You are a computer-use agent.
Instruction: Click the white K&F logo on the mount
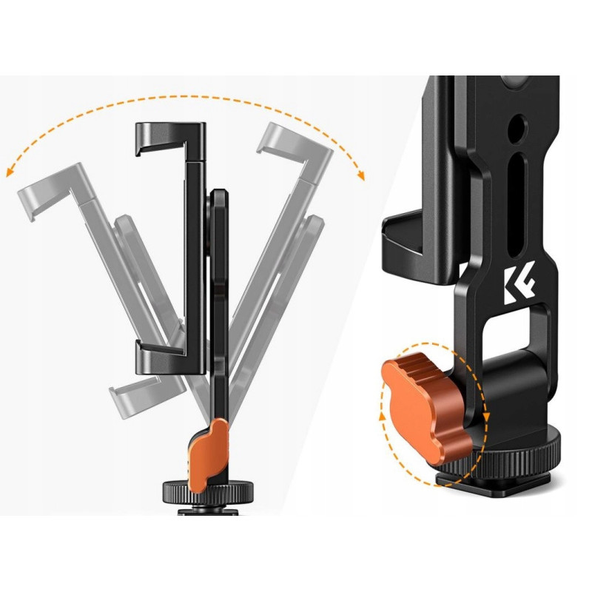tap(519, 283)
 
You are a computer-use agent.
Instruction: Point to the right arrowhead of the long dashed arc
tap(361, 175)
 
